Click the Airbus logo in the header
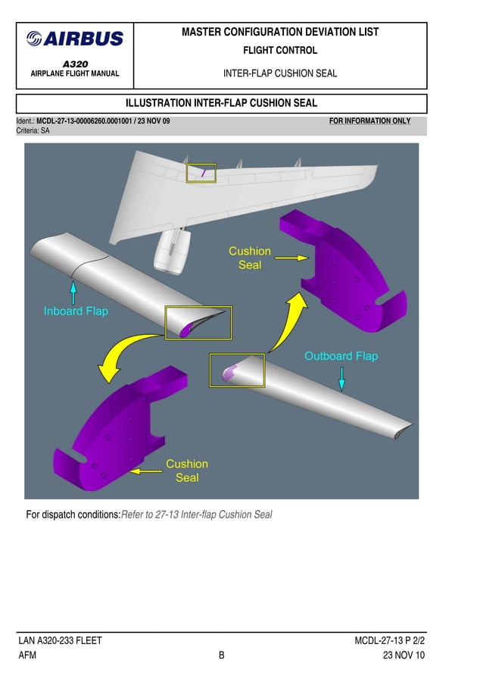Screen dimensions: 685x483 click(74, 39)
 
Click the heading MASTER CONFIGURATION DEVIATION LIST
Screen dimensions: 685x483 click(280, 33)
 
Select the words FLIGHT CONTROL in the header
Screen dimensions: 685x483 click(280, 51)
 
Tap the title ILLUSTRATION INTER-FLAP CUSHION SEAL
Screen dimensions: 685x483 click(221, 103)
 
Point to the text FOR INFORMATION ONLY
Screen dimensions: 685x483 click(370, 121)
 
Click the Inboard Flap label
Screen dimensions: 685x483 click(76, 311)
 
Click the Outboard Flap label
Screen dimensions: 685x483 click(341, 356)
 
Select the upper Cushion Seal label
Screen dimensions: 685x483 click(250, 258)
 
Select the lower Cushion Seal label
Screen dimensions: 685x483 click(187, 471)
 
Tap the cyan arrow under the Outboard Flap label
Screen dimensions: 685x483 click(342, 378)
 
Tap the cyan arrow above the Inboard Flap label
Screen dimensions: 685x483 click(73, 292)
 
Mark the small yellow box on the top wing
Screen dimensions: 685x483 click(201, 174)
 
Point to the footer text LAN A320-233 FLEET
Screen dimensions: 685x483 click(61, 641)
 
